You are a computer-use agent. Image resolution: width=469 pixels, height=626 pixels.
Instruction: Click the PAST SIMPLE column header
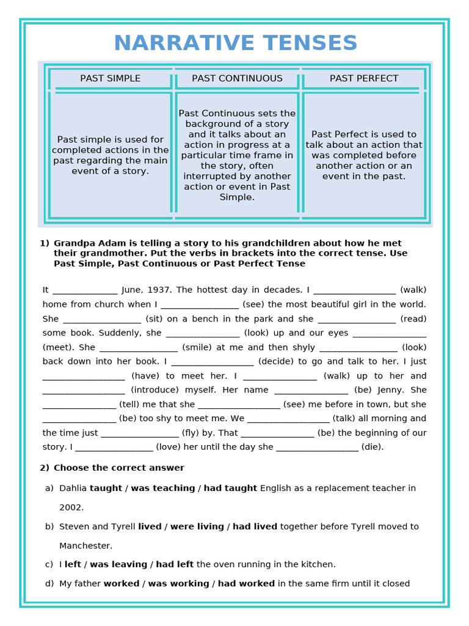(111, 78)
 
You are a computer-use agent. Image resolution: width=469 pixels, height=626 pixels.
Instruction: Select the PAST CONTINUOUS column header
(237, 78)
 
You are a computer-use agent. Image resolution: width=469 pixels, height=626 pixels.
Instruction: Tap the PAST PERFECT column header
(364, 78)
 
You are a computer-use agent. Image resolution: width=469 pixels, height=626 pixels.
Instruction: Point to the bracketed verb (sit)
(155, 319)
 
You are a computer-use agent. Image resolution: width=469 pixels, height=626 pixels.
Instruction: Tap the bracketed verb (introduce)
(155, 390)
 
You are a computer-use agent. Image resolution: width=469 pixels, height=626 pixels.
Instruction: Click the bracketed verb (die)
(373, 447)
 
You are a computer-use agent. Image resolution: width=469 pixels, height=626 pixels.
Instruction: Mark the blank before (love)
(113, 447)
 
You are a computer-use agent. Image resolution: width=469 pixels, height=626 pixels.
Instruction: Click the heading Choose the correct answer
(118, 468)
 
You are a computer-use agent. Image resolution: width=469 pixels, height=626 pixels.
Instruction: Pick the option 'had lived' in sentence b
(255, 526)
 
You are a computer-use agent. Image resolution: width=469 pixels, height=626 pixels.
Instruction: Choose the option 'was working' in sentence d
(178, 584)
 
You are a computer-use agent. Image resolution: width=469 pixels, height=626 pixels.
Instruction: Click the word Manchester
(85, 545)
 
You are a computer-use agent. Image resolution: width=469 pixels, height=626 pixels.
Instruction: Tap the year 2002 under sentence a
(71, 507)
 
